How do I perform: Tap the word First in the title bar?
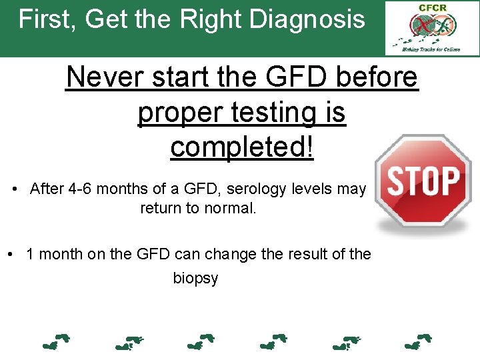(44, 19)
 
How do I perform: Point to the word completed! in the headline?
(241, 147)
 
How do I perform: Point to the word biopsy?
(195, 278)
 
